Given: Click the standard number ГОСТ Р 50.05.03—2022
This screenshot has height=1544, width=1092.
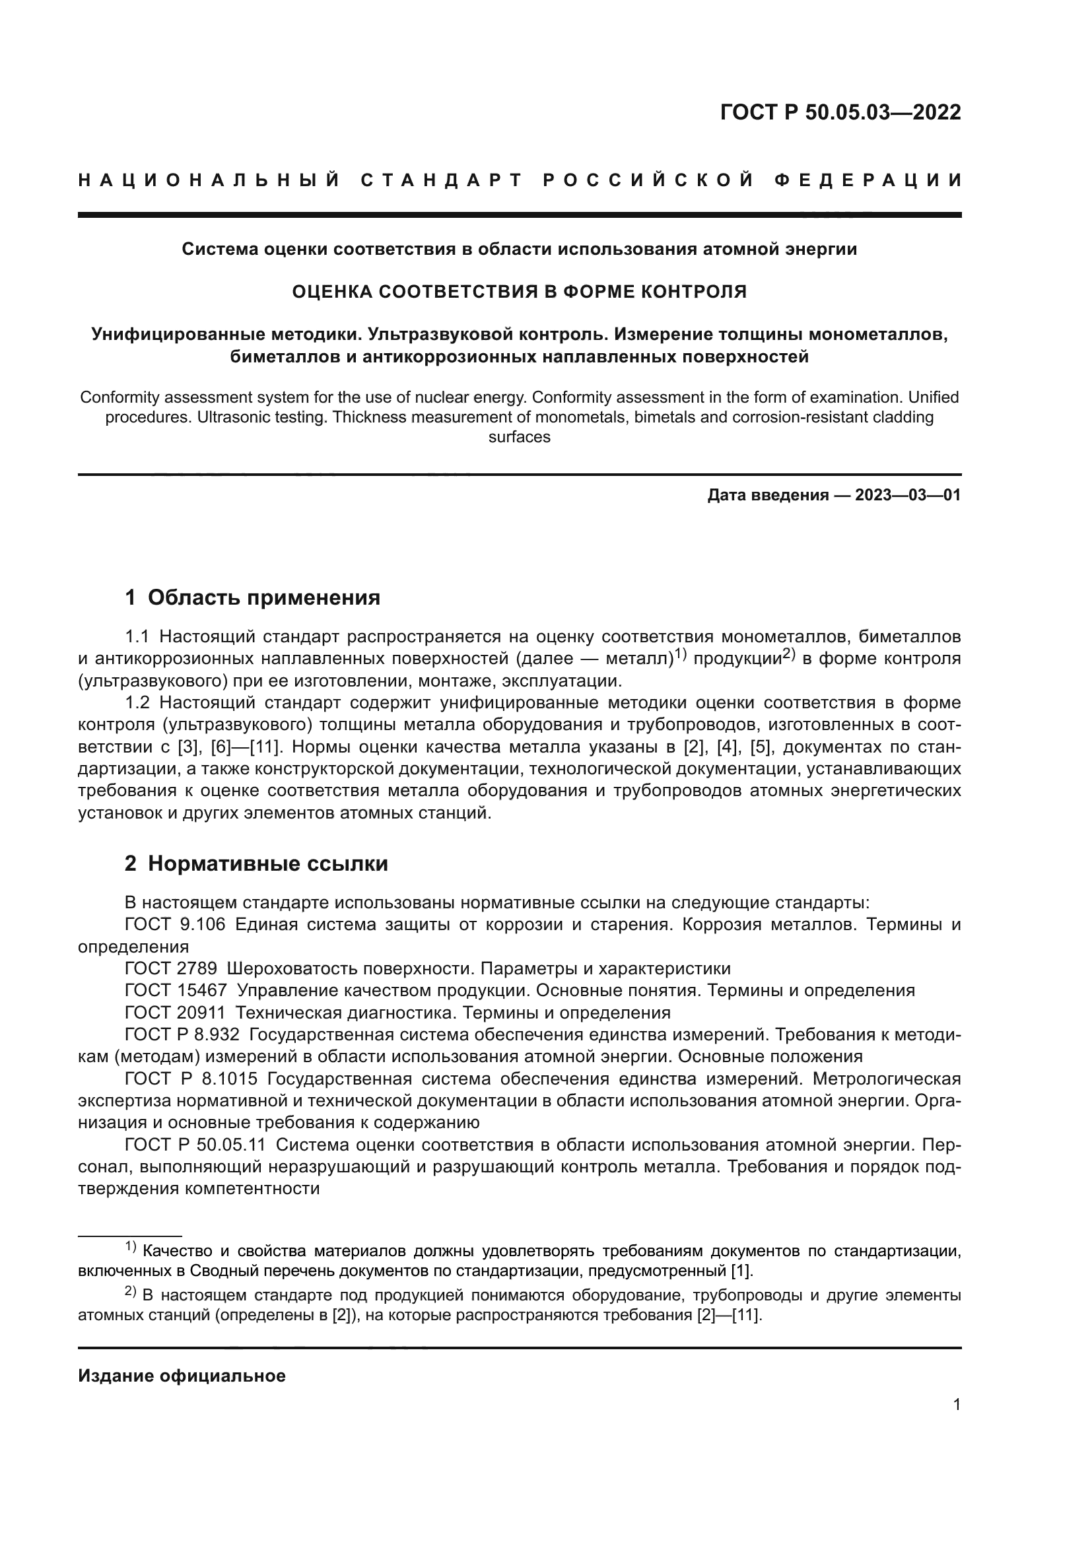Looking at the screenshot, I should click(x=840, y=112).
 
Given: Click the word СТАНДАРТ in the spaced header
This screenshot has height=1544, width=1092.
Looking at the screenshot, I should click(x=442, y=180).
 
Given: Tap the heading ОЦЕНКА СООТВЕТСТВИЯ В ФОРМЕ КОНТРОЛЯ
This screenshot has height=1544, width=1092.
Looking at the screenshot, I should click(x=519, y=292).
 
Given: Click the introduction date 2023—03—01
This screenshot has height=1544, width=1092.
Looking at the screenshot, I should click(x=908, y=496).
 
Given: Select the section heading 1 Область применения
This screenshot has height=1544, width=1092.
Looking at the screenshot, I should click(x=252, y=597).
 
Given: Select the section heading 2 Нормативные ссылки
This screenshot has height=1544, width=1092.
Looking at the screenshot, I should click(x=256, y=863).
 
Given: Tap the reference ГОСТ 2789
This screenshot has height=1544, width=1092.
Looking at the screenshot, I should click(x=171, y=968).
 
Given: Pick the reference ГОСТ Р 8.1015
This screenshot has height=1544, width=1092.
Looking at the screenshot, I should click(x=191, y=1079).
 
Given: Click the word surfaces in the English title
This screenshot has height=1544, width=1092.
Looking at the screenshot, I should click(x=519, y=437).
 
